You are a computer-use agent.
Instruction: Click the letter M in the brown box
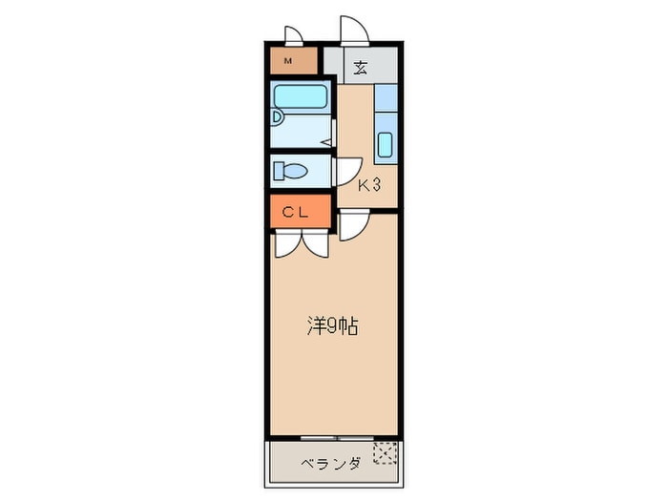(x=287, y=64)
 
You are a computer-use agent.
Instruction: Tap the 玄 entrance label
(x=361, y=68)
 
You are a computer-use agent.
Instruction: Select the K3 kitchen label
(x=369, y=186)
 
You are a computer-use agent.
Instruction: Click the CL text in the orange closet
(x=294, y=213)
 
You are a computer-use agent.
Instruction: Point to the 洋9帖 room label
(x=332, y=326)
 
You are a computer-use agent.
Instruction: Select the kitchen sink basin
(x=386, y=145)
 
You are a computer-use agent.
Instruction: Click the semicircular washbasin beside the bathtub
(x=276, y=117)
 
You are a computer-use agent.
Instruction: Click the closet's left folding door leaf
(x=286, y=244)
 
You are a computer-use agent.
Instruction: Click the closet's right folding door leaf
(x=317, y=244)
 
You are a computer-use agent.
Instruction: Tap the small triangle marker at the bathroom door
(x=325, y=142)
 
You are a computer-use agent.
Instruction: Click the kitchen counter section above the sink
(x=386, y=97)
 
